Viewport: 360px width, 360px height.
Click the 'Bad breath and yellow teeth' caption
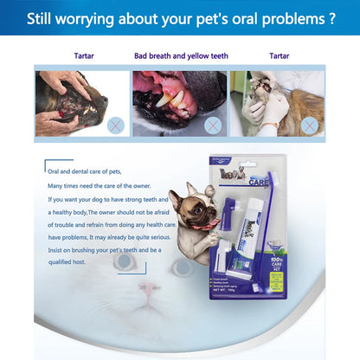(181, 56)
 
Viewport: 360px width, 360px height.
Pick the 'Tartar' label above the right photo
(280, 56)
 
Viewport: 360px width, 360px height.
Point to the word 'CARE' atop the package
(258, 184)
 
